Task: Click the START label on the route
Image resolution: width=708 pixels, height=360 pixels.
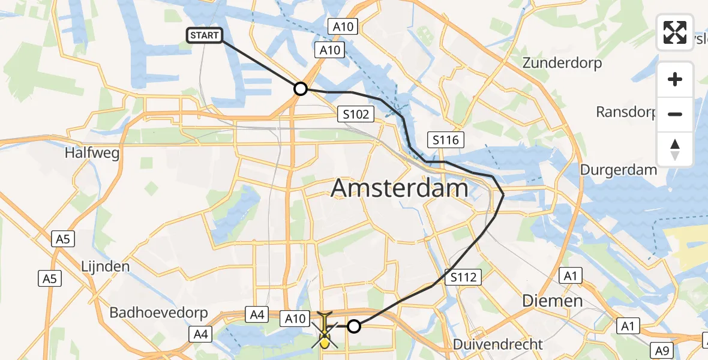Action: point(205,36)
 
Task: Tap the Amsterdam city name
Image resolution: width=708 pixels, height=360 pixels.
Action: point(400,188)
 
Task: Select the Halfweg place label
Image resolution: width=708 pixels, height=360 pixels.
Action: point(92,153)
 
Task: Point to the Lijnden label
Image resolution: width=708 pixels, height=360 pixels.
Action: point(106,266)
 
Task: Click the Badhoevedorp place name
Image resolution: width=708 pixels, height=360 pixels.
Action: point(158,313)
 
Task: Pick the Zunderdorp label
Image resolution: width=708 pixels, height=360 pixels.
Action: point(562,63)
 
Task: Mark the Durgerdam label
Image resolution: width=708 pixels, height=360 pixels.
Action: point(618,170)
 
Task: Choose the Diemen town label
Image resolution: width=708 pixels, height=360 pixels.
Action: point(552,300)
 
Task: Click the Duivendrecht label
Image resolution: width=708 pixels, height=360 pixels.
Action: point(498,344)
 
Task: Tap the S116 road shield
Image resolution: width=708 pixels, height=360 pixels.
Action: point(445,140)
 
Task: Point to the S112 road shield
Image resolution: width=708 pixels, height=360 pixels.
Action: point(464,277)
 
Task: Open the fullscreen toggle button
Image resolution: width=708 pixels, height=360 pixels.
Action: point(675,32)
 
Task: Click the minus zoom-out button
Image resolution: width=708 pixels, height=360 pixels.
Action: point(675,114)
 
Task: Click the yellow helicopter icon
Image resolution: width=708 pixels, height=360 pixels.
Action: point(324,330)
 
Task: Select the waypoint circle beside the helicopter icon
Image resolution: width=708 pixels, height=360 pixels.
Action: point(355,326)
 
